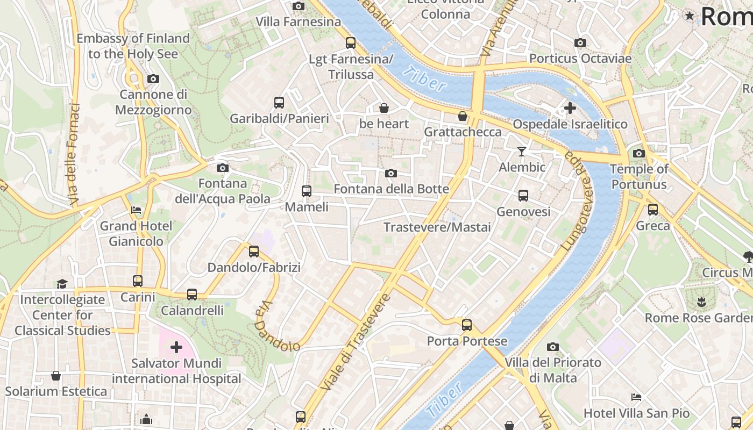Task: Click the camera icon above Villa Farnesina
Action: click(298, 6)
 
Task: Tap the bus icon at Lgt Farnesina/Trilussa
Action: click(351, 42)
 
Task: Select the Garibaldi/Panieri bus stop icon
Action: click(279, 102)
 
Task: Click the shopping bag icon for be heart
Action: click(384, 108)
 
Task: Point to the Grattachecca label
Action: click(463, 132)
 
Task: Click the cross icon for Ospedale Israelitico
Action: click(570, 109)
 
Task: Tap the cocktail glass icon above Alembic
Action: click(521, 152)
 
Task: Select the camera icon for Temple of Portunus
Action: click(638, 153)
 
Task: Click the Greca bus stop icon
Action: click(652, 210)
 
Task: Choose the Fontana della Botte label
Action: click(391, 189)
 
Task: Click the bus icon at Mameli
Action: click(306, 191)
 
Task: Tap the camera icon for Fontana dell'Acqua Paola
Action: click(222, 168)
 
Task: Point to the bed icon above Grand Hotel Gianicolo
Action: click(136, 210)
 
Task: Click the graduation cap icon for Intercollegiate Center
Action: click(62, 283)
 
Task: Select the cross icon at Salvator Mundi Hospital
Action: click(176, 347)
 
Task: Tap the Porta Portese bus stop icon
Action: click(466, 325)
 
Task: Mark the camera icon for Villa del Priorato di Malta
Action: click(552, 347)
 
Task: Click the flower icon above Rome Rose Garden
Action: click(701, 302)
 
